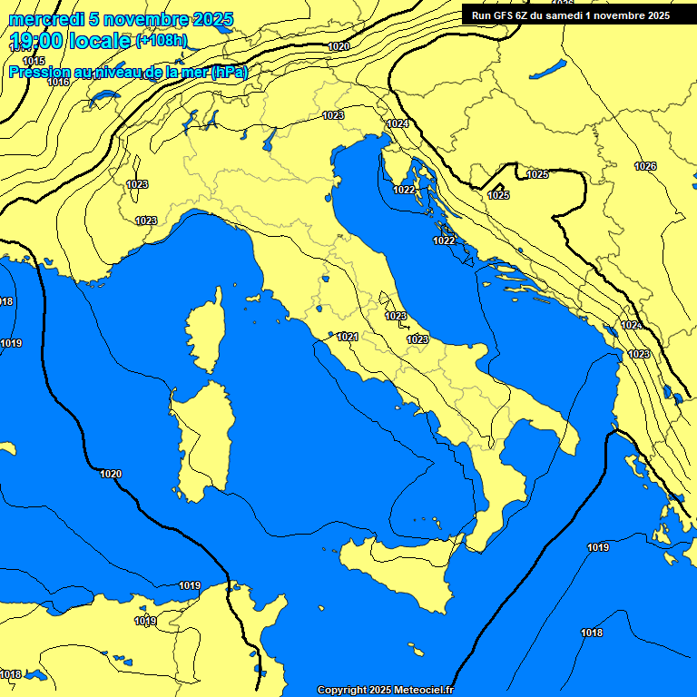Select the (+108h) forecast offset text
pyautogui.click(x=162, y=41)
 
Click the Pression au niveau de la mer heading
pyautogui.click(x=127, y=73)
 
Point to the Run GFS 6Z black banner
pyautogui.click(x=571, y=15)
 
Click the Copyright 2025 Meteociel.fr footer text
pyautogui.click(x=385, y=690)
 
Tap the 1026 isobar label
pyautogui.click(x=645, y=166)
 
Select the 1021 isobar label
pyautogui.click(x=347, y=337)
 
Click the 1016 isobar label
pyautogui.click(x=58, y=82)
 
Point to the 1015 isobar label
pyautogui.click(x=34, y=61)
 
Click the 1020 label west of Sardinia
pyautogui.click(x=111, y=474)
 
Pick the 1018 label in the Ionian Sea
pyautogui.click(x=592, y=633)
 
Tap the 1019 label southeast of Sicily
pyautogui.click(x=597, y=547)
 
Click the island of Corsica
pyautogui.click(x=206, y=331)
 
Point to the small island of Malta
pyautogui.click(x=416, y=652)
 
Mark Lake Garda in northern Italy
pyautogui.click(x=270, y=138)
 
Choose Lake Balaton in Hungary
pyautogui.click(x=549, y=70)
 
